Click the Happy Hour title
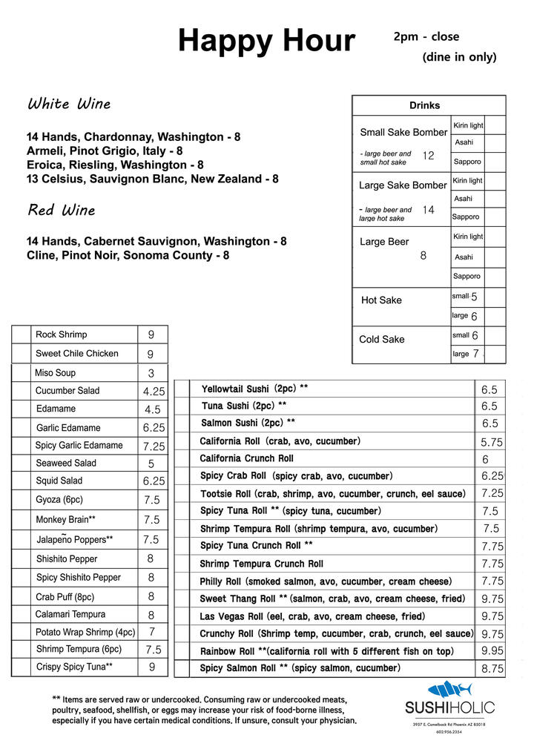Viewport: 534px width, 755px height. click(266, 41)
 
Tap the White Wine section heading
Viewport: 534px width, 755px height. click(69, 105)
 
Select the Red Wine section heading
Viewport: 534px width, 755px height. click(62, 211)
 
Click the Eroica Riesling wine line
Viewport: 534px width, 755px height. click(115, 165)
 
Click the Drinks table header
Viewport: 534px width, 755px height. click(424, 105)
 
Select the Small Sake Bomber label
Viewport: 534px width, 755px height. click(403, 133)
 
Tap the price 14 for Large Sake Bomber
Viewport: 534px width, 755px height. click(428, 210)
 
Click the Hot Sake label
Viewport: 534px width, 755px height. click(381, 300)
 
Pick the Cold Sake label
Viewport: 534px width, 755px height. click(382, 340)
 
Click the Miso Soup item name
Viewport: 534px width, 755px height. click(55, 373)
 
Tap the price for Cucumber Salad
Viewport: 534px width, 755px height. click(154, 392)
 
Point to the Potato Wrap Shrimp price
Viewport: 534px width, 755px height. click(152, 632)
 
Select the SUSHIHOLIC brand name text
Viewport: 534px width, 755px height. click(449, 708)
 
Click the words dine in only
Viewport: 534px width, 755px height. click(459, 57)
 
